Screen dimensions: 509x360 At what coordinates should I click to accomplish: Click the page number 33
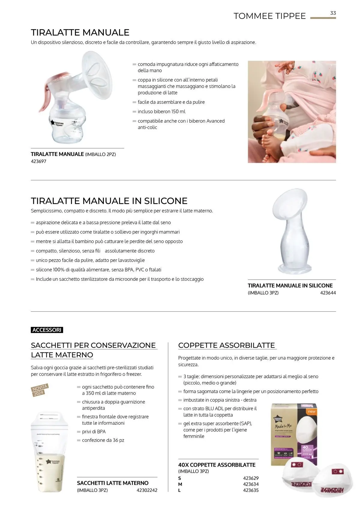(x=333, y=13)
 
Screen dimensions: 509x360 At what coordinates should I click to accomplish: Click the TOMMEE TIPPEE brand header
(x=269, y=16)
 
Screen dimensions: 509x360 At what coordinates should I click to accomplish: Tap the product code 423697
(x=38, y=161)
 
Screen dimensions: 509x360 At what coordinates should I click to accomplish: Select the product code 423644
(x=328, y=293)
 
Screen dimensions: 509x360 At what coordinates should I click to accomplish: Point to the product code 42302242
(x=147, y=490)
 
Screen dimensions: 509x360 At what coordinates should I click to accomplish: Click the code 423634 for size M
(x=251, y=484)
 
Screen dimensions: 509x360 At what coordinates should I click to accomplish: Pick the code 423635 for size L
(x=251, y=490)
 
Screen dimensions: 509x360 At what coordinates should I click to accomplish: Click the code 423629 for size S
(x=251, y=478)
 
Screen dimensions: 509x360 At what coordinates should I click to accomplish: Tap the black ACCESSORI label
(x=47, y=330)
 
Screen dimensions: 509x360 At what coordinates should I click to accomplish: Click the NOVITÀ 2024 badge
(x=39, y=390)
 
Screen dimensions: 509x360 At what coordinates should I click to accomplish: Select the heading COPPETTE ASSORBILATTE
(x=226, y=345)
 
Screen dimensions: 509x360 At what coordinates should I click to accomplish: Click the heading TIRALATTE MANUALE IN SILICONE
(x=109, y=201)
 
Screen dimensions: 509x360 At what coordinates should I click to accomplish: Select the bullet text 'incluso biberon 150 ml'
(x=161, y=112)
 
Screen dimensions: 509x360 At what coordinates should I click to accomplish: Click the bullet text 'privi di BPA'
(x=94, y=432)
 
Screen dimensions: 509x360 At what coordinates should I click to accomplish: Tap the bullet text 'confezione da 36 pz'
(x=103, y=440)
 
